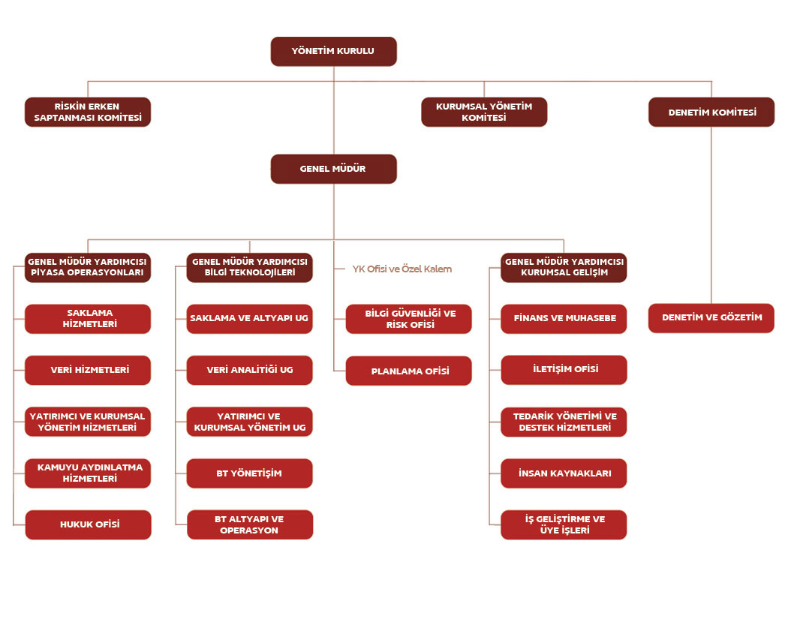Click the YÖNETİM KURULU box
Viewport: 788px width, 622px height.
(333, 51)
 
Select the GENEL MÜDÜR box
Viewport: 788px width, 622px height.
(333, 169)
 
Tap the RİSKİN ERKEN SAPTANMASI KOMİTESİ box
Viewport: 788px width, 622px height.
(88, 112)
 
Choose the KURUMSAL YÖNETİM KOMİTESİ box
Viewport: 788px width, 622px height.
(484, 112)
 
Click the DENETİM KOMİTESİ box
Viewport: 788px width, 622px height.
(711, 112)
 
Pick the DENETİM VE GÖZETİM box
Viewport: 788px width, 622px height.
(711, 317)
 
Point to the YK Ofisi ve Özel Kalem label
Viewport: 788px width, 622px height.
(402, 269)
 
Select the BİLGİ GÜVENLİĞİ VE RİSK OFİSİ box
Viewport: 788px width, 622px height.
(409, 319)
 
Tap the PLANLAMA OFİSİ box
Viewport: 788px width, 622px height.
(409, 371)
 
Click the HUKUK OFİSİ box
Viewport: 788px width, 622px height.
(89, 524)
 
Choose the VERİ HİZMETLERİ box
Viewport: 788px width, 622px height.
(89, 370)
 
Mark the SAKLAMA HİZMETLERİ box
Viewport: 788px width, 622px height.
(89, 319)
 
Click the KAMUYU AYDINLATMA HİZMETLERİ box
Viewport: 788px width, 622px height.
(89, 473)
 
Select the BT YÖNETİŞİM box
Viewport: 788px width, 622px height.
(249, 473)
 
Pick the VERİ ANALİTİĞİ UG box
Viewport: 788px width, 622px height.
(249, 370)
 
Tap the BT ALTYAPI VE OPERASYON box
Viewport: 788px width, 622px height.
(249, 524)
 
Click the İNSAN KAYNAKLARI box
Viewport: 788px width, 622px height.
(564, 473)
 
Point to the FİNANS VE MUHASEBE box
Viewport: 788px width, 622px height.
(564, 318)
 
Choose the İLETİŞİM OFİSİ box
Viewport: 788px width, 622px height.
(564, 369)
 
